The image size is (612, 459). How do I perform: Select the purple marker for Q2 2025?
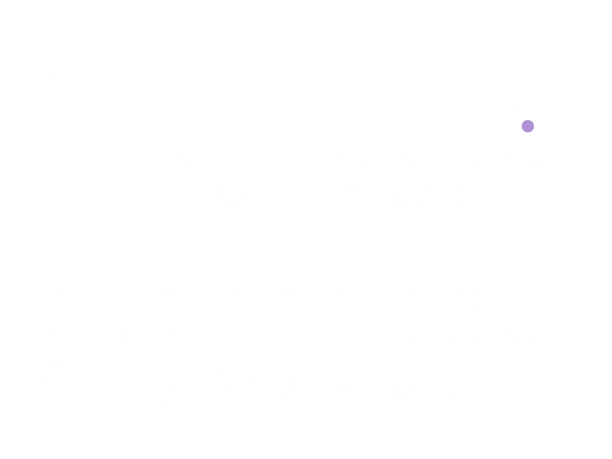tap(528, 126)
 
